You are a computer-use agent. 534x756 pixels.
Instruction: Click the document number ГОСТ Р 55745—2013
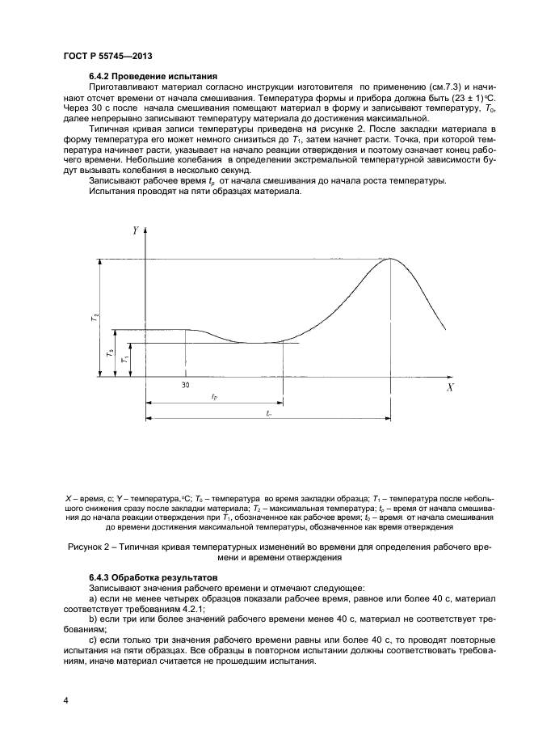point(108,56)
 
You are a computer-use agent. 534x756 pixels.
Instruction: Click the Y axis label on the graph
point(135,230)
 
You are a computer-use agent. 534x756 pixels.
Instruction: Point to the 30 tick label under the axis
point(185,385)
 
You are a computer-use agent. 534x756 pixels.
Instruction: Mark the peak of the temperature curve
point(390,258)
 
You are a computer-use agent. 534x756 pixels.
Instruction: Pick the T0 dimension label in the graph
point(108,353)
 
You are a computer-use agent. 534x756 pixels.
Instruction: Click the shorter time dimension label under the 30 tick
point(214,397)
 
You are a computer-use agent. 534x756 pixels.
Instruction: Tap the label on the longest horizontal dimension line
point(268,413)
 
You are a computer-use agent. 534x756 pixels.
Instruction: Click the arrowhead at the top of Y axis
point(145,231)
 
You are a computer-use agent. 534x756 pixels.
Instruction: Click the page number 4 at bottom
point(65,700)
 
